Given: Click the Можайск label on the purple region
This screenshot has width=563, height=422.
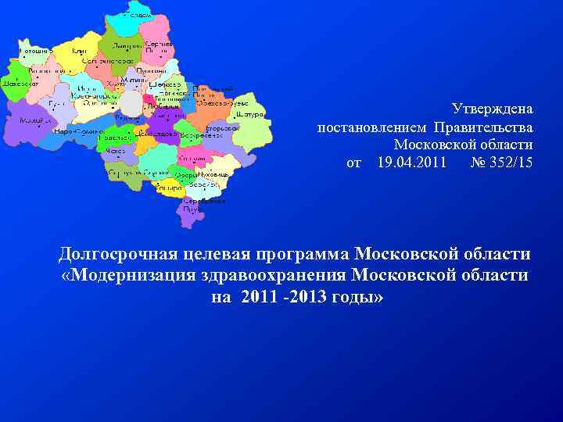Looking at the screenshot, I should (32, 121).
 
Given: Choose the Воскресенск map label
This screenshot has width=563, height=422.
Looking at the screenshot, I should (192, 134).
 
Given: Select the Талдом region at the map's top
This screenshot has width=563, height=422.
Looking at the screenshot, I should (138, 15).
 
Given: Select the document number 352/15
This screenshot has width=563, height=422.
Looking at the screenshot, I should (513, 163).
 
